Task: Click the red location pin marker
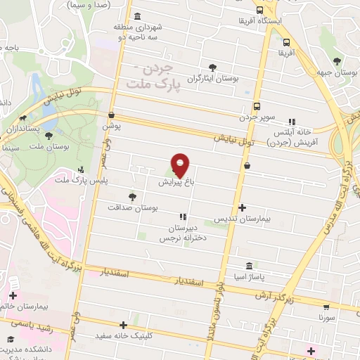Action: (x=181, y=164)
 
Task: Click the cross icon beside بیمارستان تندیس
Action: (x=243, y=207)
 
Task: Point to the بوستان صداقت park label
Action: (x=134, y=208)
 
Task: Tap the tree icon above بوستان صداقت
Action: (x=132, y=196)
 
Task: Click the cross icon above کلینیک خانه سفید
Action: (x=124, y=325)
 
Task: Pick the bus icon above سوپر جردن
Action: (x=257, y=105)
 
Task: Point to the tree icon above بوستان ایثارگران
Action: (x=210, y=67)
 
